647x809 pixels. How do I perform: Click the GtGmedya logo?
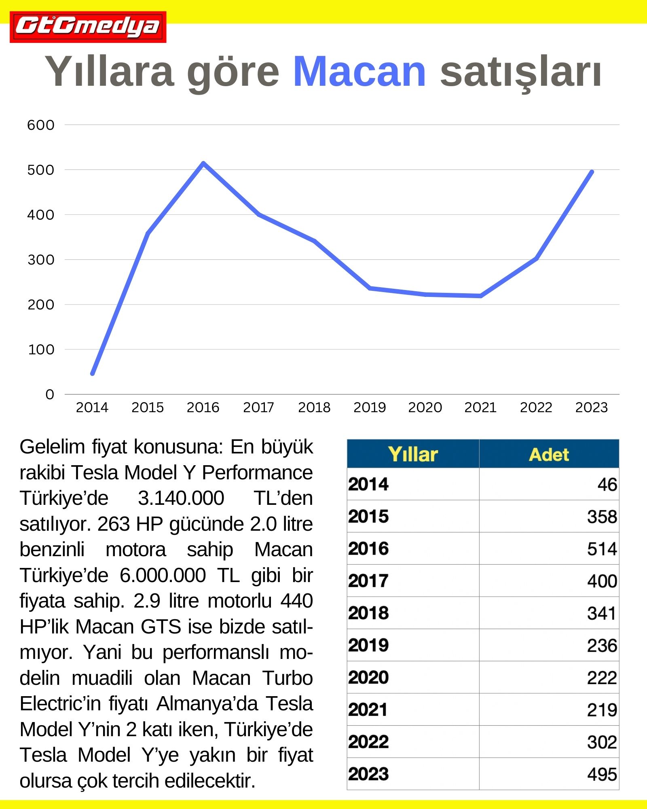pos(88,27)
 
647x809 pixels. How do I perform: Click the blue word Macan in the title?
pos(359,72)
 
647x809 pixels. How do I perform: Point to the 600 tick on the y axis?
pos(40,125)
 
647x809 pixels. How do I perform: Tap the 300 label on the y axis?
pos(40,260)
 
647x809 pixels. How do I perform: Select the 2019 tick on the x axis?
pos(370,407)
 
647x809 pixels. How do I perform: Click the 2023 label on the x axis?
pos(591,407)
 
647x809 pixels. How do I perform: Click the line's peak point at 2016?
pos(203,163)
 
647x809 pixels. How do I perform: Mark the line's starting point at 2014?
pos(93,373)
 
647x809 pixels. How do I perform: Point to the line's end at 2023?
pos(592,172)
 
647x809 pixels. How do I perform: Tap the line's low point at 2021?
pos(480,296)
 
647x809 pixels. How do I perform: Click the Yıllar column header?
pos(413,454)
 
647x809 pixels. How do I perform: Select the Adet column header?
pos(549,454)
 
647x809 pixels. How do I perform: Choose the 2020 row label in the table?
pos(368,678)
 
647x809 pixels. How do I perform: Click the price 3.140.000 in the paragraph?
pos(181,498)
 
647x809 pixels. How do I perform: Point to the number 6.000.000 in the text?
pos(163,575)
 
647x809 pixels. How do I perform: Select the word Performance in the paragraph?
pos(257,472)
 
